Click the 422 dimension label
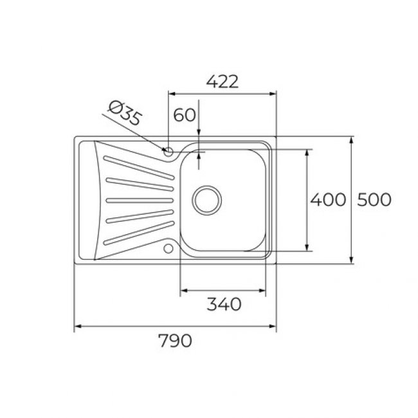coord(223,82)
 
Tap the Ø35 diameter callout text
coord(125,113)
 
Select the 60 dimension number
coord(185,115)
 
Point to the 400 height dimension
coord(328,199)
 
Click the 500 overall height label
coord(374,199)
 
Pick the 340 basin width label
coord(224,304)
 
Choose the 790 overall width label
coord(175,340)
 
